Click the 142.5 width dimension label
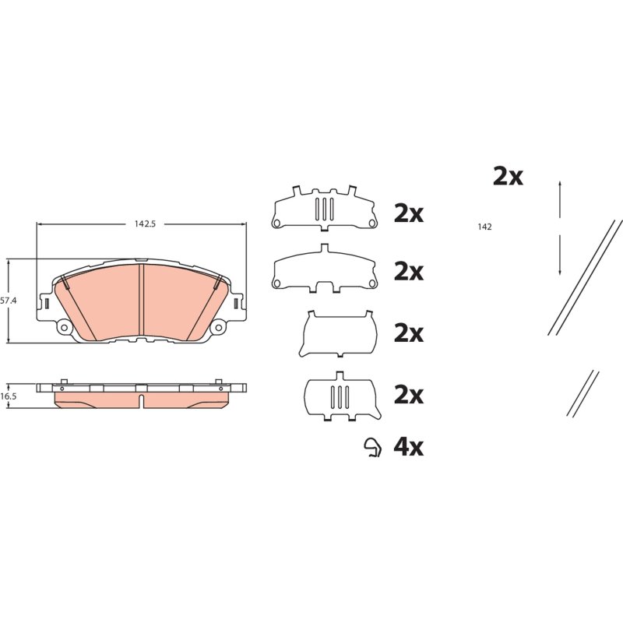145,224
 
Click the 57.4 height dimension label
8,301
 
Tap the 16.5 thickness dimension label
8,396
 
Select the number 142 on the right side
484,227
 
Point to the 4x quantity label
408,447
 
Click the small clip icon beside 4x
374,447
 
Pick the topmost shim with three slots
325,208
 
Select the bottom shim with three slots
342,396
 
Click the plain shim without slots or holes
338,333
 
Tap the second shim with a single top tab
325,269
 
